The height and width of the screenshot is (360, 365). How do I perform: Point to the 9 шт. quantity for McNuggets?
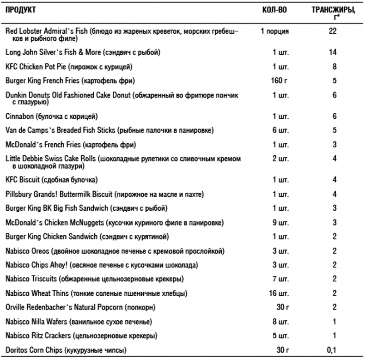tap(280, 222)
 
